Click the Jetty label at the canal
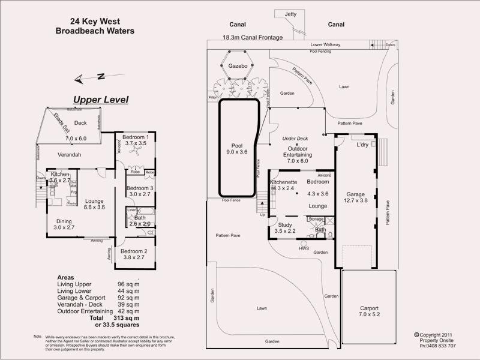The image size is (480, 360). [290, 14]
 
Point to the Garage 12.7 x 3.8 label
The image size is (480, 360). [355, 197]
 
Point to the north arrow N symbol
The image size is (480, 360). [101, 76]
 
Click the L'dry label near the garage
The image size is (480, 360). [362, 146]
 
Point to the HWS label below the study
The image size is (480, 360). [302, 247]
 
